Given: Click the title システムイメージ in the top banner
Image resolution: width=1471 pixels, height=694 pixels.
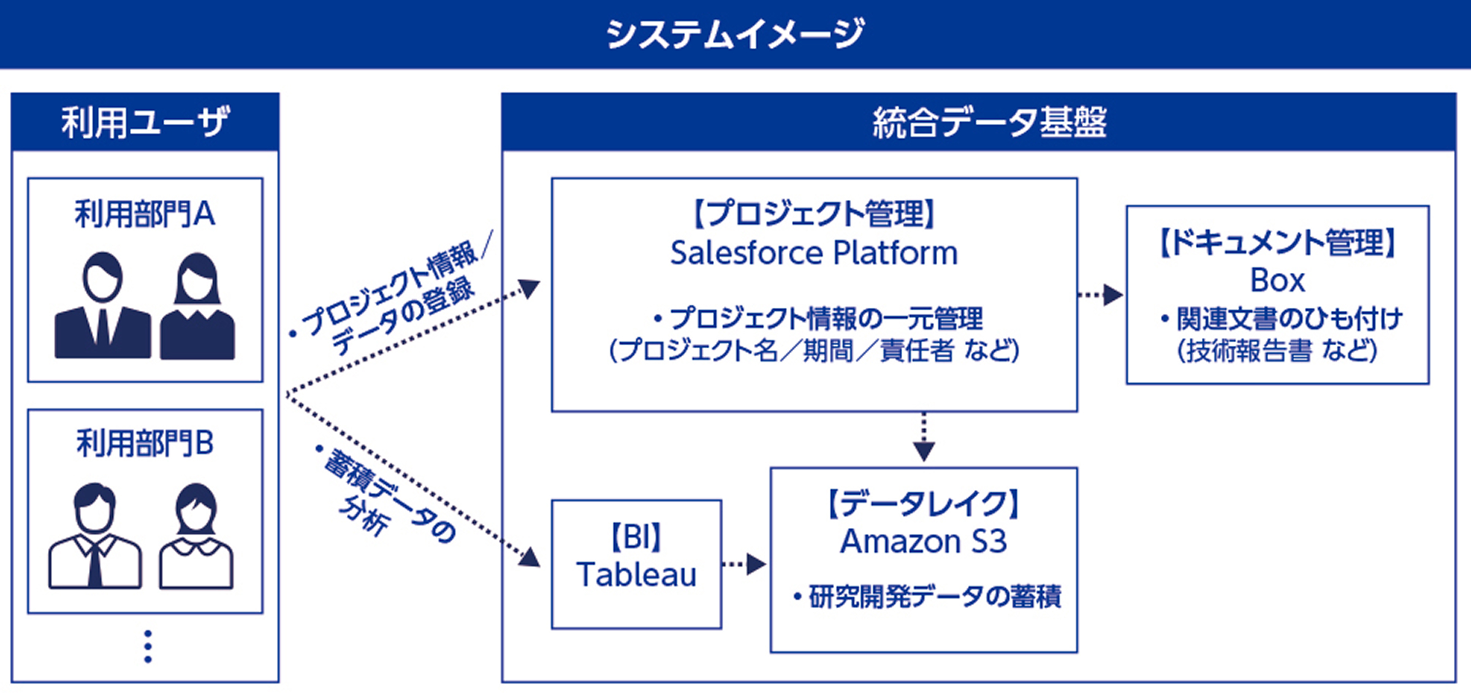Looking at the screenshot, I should click(x=735, y=34).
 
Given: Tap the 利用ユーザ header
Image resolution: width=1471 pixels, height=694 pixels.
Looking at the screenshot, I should click(x=145, y=122).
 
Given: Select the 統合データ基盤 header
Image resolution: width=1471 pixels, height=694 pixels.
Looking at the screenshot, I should click(x=989, y=122).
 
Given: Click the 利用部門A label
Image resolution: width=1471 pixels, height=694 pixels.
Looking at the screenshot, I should click(x=145, y=214).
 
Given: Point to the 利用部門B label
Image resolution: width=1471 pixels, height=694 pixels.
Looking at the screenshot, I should click(x=145, y=443).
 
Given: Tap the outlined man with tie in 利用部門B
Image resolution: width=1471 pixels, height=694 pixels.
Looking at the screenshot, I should click(x=95, y=536).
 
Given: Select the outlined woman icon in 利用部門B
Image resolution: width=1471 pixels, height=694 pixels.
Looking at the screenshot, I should click(x=196, y=536).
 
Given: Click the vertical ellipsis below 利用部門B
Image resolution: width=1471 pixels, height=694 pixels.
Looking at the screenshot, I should click(x=148, y=646).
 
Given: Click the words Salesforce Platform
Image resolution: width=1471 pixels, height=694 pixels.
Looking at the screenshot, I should click(x=813, y=253).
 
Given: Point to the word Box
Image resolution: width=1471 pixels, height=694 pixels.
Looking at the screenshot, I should click(x=1277, y=280).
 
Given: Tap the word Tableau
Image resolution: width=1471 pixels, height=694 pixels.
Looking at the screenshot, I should click(x=636, y=574).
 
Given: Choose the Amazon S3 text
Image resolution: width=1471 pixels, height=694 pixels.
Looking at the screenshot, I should click(x=923, y=541).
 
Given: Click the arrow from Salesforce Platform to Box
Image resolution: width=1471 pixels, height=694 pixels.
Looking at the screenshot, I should click(x=1101, y=295).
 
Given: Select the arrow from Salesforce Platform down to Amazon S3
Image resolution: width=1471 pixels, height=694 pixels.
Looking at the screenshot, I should click(x=924, y=438).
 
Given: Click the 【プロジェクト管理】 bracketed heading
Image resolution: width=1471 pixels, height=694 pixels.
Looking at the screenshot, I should click(x=813, y=214).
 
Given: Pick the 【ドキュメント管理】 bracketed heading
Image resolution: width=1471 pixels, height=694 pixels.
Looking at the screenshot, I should click(x=1277, y=243).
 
